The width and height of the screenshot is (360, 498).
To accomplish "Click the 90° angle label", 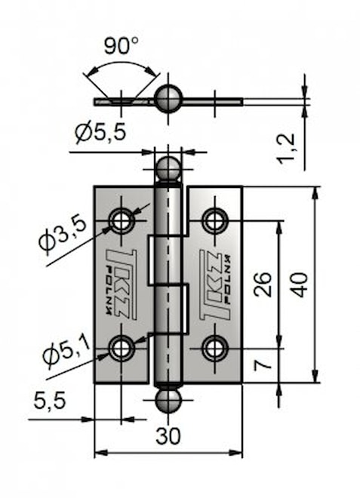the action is tap(121, 45).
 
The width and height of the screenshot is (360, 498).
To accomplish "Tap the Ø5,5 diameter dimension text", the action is tap(101, 132).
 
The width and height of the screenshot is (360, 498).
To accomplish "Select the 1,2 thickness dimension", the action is tap(286, 149).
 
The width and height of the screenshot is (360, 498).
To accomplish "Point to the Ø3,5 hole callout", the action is tap(63, 234).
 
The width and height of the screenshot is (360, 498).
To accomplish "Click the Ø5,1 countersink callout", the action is tap(66, 352).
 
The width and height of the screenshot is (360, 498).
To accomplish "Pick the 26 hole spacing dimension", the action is tap(263, 284).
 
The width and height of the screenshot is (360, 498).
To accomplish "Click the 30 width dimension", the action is tap(168, 436).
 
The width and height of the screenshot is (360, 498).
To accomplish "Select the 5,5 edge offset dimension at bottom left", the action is tap(50, 400).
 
